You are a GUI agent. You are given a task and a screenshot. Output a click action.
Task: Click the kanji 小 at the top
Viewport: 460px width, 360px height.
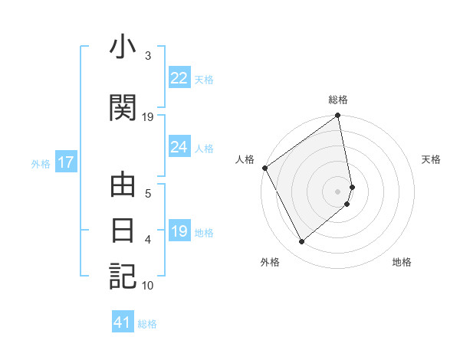click(123, 48)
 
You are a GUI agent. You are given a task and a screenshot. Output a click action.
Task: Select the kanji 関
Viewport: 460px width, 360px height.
click(123, 108)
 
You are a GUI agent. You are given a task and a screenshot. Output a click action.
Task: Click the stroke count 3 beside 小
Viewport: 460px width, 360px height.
click(148, 56)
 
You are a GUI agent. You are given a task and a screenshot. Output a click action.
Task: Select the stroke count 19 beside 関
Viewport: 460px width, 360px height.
click(148, 117)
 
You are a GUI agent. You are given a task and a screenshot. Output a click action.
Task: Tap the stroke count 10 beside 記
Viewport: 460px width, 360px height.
click(148, 286)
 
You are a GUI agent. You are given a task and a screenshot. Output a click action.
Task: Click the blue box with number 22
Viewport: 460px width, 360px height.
click(179, 78)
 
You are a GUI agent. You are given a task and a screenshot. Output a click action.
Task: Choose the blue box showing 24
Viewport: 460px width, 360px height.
click(179, 147)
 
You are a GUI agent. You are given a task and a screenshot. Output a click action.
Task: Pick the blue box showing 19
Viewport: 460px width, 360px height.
click(179, 231)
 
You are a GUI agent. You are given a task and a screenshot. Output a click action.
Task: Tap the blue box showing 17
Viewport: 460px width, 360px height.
click(65, 162)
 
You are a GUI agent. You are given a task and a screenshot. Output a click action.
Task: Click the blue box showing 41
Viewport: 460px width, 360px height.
click(123, 323)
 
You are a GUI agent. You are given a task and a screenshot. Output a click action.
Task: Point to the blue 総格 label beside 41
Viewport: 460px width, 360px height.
click(147, 324)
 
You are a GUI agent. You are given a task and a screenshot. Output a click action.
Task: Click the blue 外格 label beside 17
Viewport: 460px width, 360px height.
click(41, 163)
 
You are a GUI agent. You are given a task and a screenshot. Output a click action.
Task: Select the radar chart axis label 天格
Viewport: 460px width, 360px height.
click(432, 159)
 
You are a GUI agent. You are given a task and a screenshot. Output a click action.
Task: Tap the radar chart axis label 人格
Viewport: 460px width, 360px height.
click(245, 159)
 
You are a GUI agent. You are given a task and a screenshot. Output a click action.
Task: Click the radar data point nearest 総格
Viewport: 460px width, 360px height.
click(337, 116)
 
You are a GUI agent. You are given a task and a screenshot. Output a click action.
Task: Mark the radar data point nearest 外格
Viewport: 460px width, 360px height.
click(301, 242)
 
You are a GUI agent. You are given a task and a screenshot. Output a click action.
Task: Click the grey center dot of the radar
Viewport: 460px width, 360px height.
click(338, 190)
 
